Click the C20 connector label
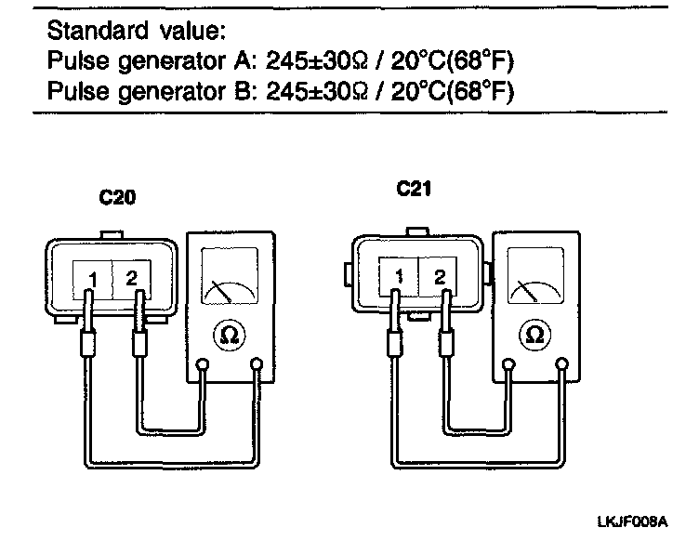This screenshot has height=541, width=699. point(118,198)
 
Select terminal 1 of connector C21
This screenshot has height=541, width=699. point(399,276)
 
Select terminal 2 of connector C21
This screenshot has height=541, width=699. point(440,276)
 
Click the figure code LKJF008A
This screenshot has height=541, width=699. point(632,522)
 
